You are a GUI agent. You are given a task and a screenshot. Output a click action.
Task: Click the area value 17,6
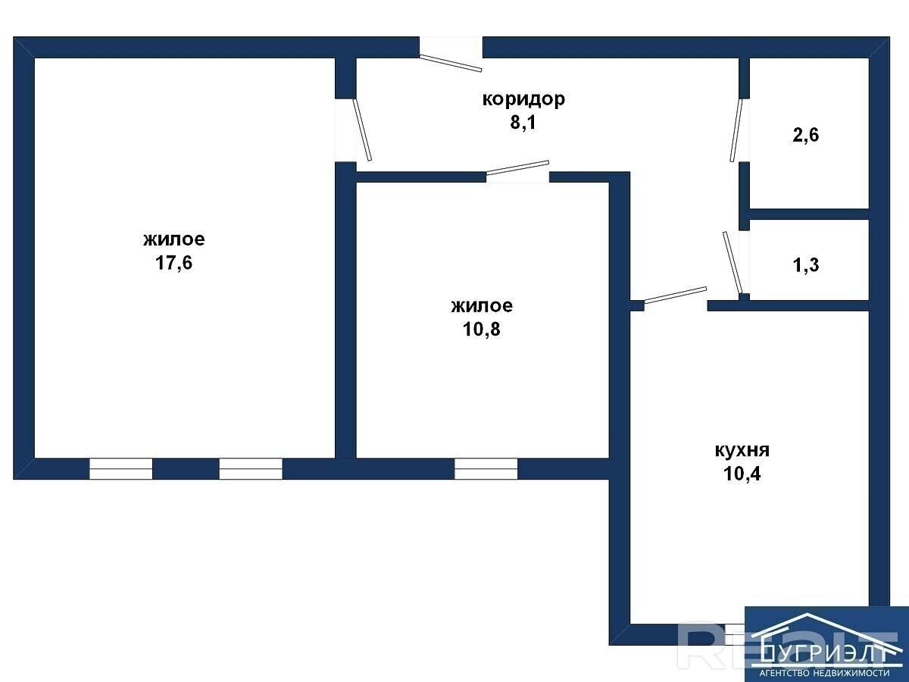coord(174,263)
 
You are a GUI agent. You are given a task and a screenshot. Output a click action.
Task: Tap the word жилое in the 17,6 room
coord(174,239)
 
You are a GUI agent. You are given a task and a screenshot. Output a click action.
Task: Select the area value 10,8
coord(482,329)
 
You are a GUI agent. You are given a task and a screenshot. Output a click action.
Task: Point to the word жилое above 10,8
coord(482,306)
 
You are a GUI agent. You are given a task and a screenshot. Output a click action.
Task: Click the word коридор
coord(523,100)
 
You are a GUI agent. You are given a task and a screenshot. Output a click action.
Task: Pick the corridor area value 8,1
coord(523,123)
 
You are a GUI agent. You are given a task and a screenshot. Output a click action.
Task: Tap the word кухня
coord(742,451)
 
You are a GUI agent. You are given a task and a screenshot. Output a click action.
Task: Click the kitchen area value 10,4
coord(742,474)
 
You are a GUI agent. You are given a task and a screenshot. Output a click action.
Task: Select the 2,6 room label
coord(806,136)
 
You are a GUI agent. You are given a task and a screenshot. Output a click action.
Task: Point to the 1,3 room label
coord(806,265)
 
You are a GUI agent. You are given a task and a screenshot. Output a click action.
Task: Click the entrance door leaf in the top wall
coord(451,63)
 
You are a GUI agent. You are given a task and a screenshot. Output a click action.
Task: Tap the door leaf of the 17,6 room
coord(362,129)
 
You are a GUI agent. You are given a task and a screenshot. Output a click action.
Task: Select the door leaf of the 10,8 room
coord(517,167)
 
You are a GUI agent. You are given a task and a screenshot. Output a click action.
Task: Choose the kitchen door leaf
coord(676,295)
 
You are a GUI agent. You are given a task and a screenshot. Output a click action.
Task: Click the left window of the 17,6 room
coord(121,469)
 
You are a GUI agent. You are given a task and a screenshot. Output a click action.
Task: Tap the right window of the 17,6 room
coord(251,469)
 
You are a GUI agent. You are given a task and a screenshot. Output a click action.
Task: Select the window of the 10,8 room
coord(486,469)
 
